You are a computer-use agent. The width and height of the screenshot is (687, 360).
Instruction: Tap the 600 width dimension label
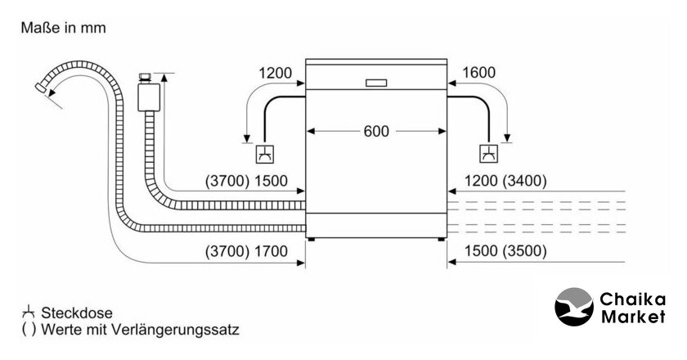pos(377,131)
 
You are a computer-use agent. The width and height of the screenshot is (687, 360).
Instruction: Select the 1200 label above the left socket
pos(275,74)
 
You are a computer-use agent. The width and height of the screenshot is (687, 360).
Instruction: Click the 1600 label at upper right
pos(478,74)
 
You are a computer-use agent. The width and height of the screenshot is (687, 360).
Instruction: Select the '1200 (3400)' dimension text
pos(505,181)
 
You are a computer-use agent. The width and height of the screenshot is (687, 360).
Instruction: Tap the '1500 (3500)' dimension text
pos(505,251)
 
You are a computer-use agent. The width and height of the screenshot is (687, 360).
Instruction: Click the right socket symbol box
pos(488,153)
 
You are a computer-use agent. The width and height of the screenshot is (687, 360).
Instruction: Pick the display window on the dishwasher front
pos(377,82)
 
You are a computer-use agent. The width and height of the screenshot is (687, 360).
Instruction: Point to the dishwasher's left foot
pos(312,239)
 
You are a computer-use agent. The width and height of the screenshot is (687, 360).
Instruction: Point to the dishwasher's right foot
pos(442,239)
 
